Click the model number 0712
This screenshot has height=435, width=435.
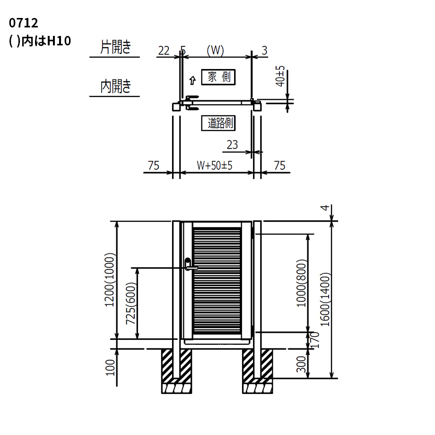(23, 23)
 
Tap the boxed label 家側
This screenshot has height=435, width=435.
(218, 77)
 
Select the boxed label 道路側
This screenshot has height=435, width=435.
(218, 123)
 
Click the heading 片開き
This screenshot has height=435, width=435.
(115, 47)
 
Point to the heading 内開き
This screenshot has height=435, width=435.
(115, 86)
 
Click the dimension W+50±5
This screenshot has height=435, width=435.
(215, 165)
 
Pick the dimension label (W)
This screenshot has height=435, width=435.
(215, 51)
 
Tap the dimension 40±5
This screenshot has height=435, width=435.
(280, 76)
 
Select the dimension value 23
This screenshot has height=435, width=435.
(232, 145)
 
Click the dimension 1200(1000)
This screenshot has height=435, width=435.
(110, 279)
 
